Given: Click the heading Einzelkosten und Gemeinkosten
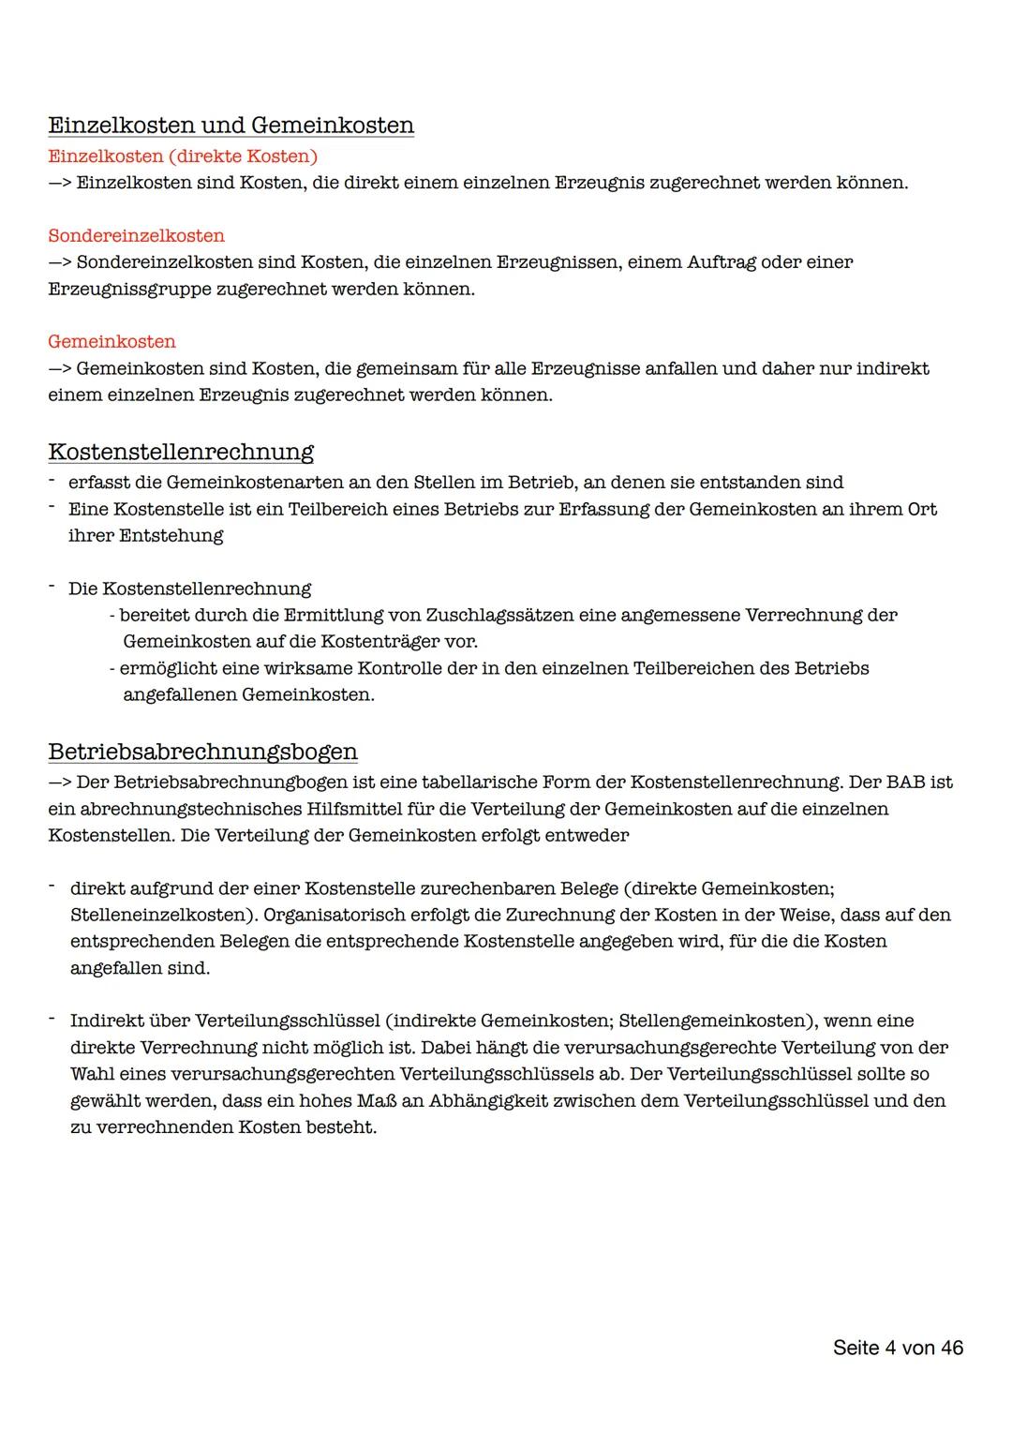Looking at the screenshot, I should (x=231, y=126).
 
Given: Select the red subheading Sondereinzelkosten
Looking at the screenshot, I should (x=136, y=235).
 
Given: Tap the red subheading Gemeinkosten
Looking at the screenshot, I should (x=112, y=341).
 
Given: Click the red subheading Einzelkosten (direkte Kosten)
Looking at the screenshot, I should (x=183, y=156).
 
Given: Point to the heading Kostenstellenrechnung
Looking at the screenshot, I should (x=181, y=452).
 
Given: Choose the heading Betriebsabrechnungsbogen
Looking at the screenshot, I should (x=202, y=752).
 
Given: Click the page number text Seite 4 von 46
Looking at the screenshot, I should (x=898, y=1348).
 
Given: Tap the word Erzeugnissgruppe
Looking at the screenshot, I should (x=129, y=289).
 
